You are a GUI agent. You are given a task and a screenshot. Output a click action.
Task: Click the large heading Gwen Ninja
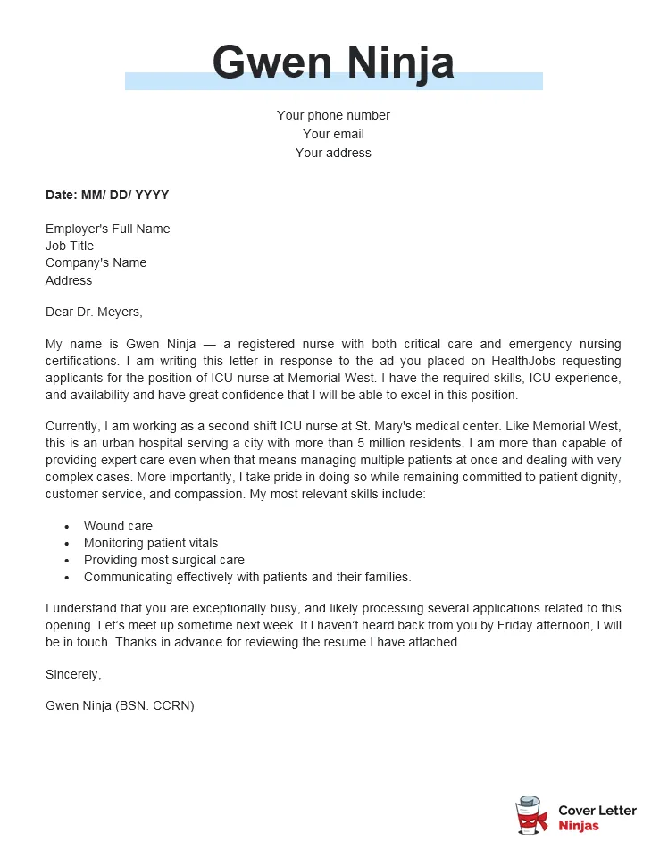[x=333, y=62]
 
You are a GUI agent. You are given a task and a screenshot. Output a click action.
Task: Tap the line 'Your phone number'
[x=333, y=115]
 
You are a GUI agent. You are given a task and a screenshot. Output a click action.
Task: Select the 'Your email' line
[x=333, y=134]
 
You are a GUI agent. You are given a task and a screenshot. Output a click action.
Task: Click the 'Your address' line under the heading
[x=333, y=153]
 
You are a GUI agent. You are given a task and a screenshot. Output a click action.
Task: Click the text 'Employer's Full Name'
[x=107, y=229]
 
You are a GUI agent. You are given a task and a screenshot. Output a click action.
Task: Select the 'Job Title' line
[x=70, y=246]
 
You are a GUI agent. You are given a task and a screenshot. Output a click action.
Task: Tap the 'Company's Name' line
[x=96, y=262]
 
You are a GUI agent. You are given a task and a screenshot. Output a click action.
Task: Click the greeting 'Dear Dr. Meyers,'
[x=94, y=312]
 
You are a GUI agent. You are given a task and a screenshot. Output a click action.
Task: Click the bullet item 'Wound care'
[x=118, y=526]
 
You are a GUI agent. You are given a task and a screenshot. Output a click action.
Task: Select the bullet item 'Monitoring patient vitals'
[x=151, y=543]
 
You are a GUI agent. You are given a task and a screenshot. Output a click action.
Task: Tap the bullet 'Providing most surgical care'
[x=163, y=560]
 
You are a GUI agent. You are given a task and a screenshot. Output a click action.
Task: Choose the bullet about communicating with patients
[x=247, y=577]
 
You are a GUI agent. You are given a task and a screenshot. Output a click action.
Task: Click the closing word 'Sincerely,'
[x=73, y=674]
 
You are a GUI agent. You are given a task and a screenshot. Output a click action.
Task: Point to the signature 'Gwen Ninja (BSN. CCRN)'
[x=120, y=705]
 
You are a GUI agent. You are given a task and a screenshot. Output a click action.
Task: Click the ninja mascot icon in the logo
[x=531, y=815]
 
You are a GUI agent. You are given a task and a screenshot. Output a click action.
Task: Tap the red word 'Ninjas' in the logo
[x=579, y=826]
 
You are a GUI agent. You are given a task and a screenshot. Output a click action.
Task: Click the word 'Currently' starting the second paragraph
[x=73, y=426]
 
